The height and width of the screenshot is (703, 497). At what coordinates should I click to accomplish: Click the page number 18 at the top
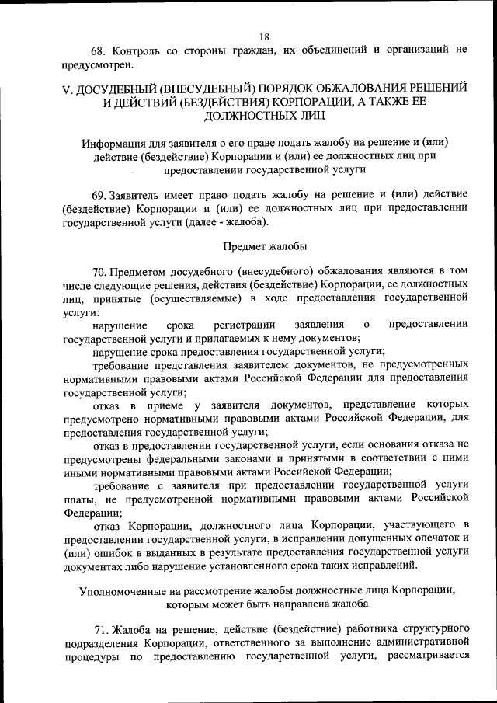tap(264, 37)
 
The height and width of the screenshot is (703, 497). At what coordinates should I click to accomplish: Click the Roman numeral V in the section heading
tap(67, 89)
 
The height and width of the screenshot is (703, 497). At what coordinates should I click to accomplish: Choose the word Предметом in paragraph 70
tap(144, 270)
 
